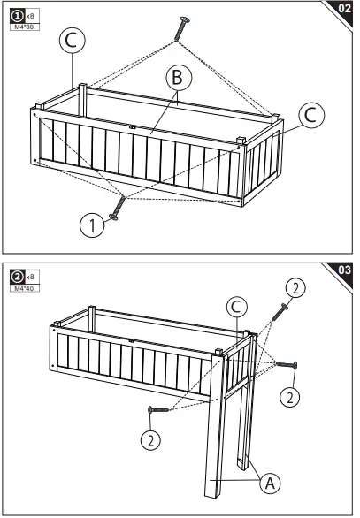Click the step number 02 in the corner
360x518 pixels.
point(344,9)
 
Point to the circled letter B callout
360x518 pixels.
point(179,80)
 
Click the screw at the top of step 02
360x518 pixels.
point(182,26)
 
